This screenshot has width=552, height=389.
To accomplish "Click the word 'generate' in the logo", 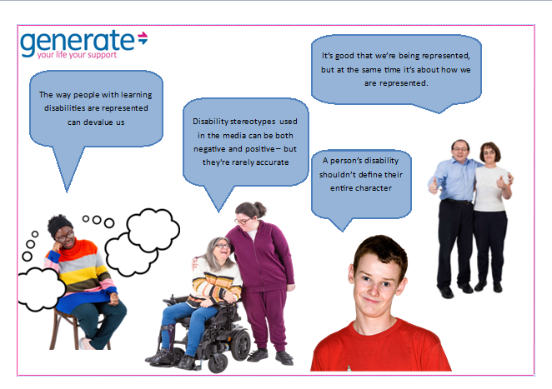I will pos(77,41).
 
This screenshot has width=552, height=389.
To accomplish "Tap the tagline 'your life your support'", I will pos(70,56).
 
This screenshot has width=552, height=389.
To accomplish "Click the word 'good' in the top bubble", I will pos(350,56).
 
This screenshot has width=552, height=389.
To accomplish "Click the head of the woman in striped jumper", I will pos(62,228).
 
